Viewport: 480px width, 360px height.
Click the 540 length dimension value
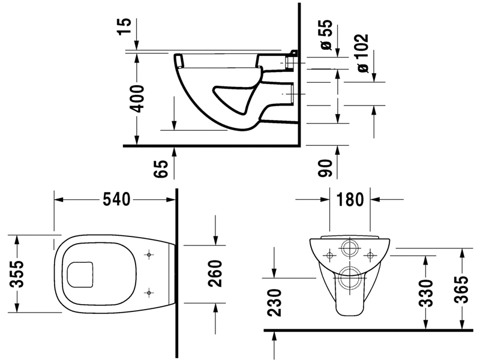(x=116, y=200)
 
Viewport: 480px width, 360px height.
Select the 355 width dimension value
(x=17, y=274)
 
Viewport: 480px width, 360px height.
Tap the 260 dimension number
(x=215, y=274)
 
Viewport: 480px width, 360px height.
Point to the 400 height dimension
(x=137, y=98)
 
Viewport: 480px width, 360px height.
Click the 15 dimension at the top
(x=125, y=26)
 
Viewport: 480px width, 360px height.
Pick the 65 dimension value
(x=161, y=169)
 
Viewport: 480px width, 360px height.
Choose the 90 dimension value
(x=325, y=168)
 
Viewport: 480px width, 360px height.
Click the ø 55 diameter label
(x=326, y=35)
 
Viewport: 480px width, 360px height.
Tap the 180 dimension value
(x=350, y=200)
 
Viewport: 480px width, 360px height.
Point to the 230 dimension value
(x=274, y=302)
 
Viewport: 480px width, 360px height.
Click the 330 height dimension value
(x=426, y=293)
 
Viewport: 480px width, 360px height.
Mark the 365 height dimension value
(x=461, y=289)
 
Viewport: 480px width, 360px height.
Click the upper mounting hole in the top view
(x=149, y=254)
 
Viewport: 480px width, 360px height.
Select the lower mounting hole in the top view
(x=149, y=293)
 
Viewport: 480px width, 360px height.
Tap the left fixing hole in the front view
(x=330, y=255)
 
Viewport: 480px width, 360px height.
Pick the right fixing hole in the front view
(x=370, y=255)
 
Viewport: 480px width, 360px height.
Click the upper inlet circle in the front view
(x=350, y=248)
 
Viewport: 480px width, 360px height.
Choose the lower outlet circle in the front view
(x=350, y=278)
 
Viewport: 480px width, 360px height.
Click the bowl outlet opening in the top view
(x=80, y=275)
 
